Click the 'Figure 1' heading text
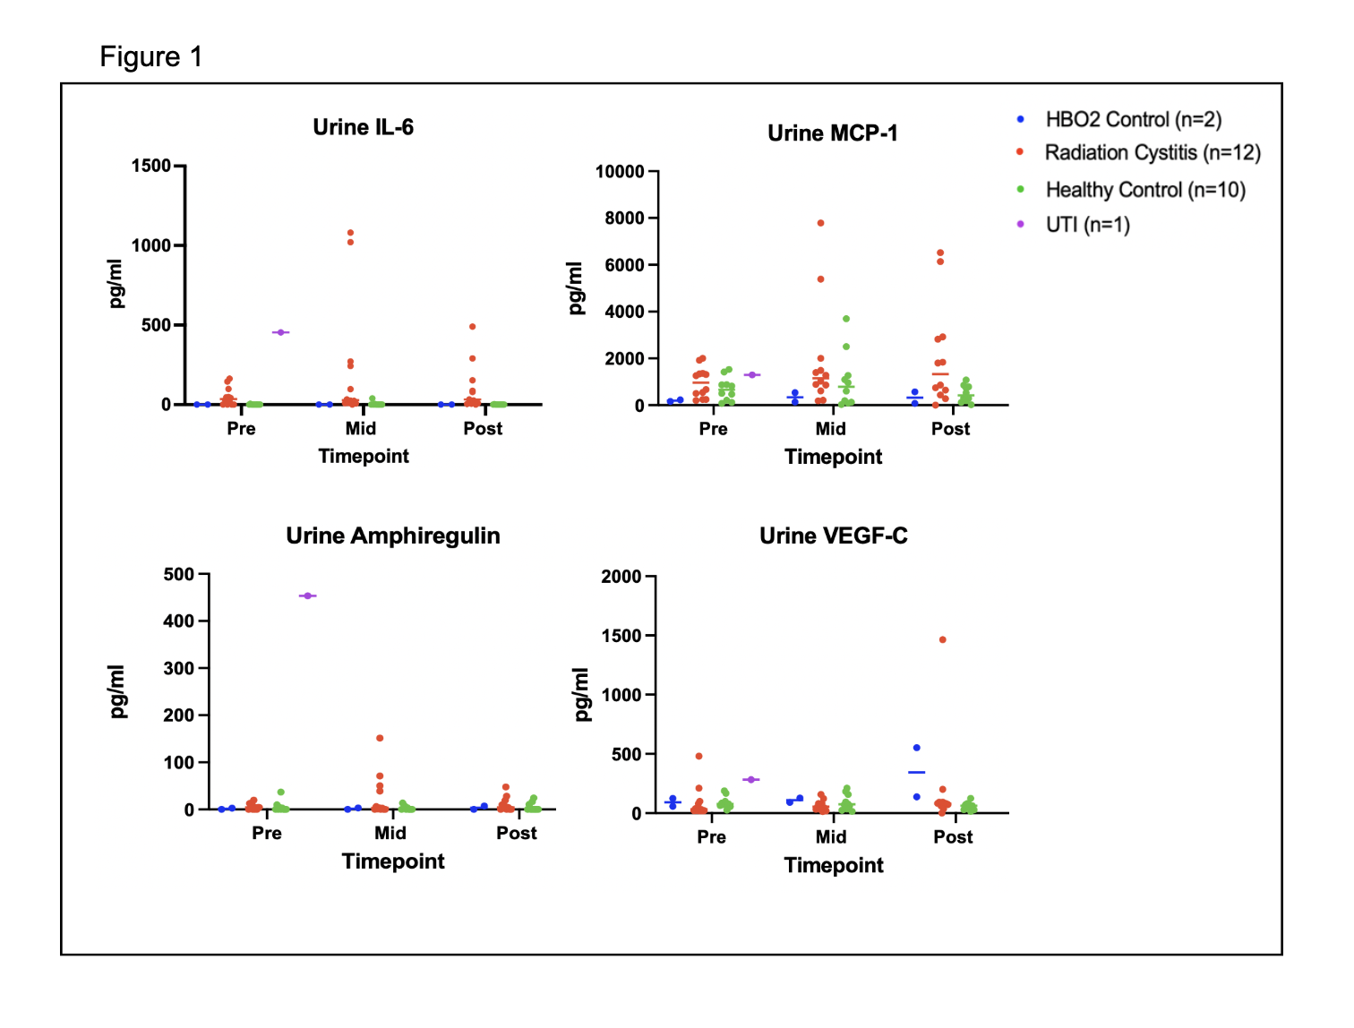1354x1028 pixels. click(x=150, y=57)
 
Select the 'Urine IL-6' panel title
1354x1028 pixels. click(x=363, y=127)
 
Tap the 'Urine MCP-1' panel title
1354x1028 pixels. click(x=832, y=133)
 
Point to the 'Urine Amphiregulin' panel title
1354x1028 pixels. click(x=392, y=535)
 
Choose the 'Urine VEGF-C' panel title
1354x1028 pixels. click(x=833, y=535)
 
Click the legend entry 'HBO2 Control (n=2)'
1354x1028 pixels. click(x=1133, y=119)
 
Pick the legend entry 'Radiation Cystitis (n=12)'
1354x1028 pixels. click(x=1152, y=152)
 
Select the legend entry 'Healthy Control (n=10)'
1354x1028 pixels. click(x=1144, y=190)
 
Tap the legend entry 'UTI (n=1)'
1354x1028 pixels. click(x=1087, y=224)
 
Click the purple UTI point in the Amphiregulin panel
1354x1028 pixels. click(x=307, y=595)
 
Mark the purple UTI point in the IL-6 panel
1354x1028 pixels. click(x=280, y=332)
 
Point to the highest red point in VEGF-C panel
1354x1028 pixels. click(x=942, y=639)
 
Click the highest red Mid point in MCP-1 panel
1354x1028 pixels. click(x=820, y=223)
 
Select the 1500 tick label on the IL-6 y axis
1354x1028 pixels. click(x=150, y=166)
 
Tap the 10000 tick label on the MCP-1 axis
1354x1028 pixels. click(x=620, y=172)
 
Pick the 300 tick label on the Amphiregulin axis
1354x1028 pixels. click(x=178, y=668)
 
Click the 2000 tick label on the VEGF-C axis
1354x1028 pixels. click(x=621, y=577)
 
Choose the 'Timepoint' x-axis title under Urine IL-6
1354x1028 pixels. click(x=363, y=456)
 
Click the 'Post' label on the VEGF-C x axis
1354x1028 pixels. click(x=952, y=836)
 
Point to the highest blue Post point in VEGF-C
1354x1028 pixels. click(x=916, y=748)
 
